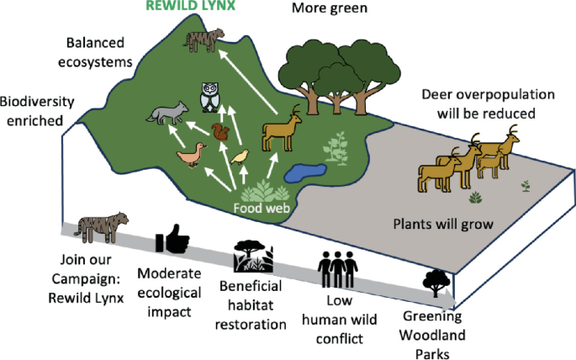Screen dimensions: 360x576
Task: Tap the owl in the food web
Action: pyautogui.click(x=209, y=97)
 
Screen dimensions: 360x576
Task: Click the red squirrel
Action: pyautogui.click(x=220, y=133)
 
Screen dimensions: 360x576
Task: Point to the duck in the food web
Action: pyautogui.click(x=191, y=156)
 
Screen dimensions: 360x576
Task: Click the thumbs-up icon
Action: pyautogui.click(x=173, y=241)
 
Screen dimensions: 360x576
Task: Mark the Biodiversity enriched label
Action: pyautogui.click(x=36, y=111)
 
